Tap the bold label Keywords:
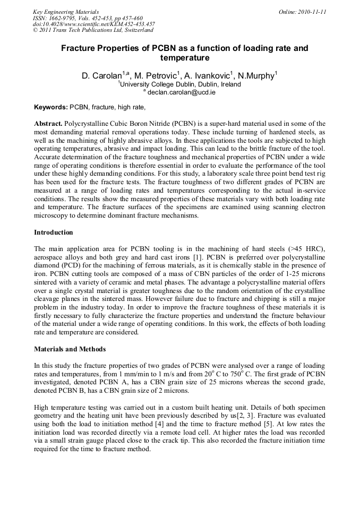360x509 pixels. [50, 107]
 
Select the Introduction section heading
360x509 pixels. [54, 232]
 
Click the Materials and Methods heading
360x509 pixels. [70, 349]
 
